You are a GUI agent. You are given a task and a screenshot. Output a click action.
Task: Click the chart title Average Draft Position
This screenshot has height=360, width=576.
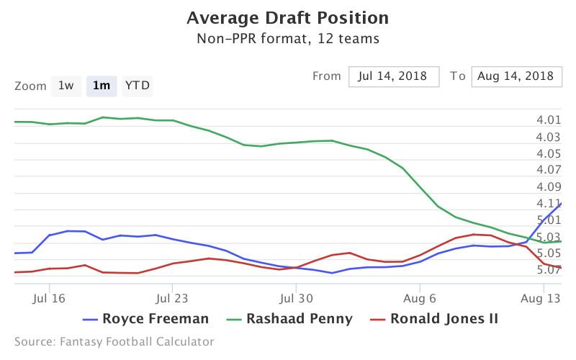(x=287, y=17)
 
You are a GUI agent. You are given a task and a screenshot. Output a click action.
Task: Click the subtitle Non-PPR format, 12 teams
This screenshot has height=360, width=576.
(x=287, y=39)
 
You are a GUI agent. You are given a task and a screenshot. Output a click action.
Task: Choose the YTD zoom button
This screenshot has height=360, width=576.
(x=138, y=86)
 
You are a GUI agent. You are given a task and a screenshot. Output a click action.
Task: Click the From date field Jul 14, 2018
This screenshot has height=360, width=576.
(x=394, y=76)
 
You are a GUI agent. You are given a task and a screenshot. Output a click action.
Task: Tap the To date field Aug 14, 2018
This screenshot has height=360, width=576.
(x=516, y=76)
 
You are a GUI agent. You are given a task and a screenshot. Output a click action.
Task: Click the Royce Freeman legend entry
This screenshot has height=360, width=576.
(x=147, y=318)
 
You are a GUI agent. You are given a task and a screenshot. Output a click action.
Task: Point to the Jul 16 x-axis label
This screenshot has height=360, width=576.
(x=50, y=296)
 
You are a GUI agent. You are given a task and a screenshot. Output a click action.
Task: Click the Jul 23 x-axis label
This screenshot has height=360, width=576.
(x=171, y=296)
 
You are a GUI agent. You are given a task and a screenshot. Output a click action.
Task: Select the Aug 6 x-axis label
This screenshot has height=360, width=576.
(x=420, y=296)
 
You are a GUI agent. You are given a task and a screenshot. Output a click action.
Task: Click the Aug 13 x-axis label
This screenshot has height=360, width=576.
(x=542, y=296)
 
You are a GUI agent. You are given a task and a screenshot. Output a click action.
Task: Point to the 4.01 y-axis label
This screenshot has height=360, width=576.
(x=549, y=120)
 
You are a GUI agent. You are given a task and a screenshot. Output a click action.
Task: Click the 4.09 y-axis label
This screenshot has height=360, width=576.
(x=549, y=186)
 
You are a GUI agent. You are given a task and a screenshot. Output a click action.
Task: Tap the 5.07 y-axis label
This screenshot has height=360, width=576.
(x=549, y=270)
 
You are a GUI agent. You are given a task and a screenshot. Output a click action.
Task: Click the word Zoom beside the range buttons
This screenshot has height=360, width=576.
(x=30, y=86)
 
